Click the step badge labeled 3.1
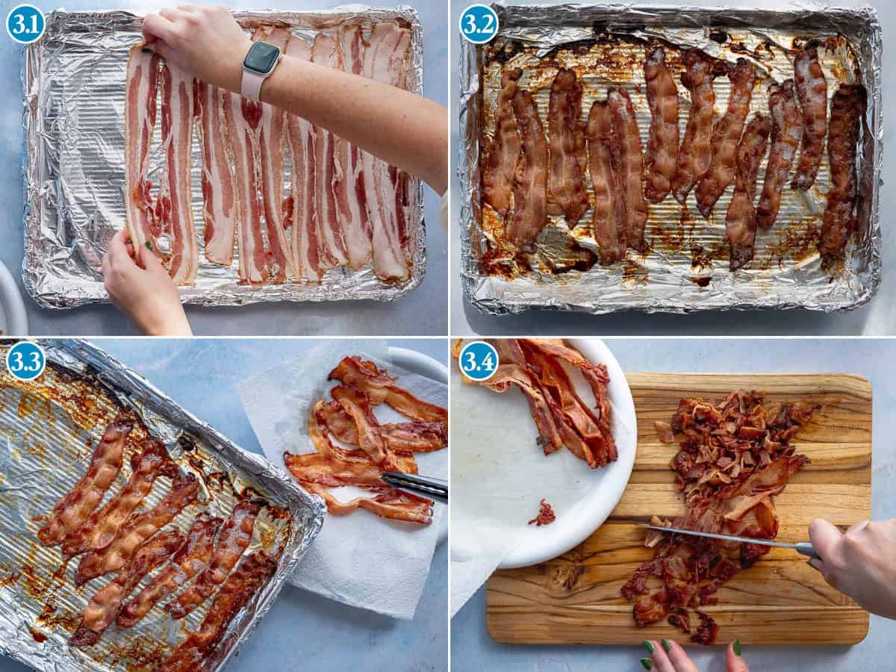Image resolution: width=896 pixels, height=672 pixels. (25, 24)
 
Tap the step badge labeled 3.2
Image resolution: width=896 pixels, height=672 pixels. (479, 24)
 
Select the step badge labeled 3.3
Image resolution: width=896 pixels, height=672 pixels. (25, 361)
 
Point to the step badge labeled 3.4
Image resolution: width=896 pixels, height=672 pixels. (479, 361)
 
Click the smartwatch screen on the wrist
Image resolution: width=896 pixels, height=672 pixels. (261, 57)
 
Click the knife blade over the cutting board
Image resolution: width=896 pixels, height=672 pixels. (717, 536)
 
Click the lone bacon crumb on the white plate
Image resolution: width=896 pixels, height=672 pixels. (543, 513)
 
